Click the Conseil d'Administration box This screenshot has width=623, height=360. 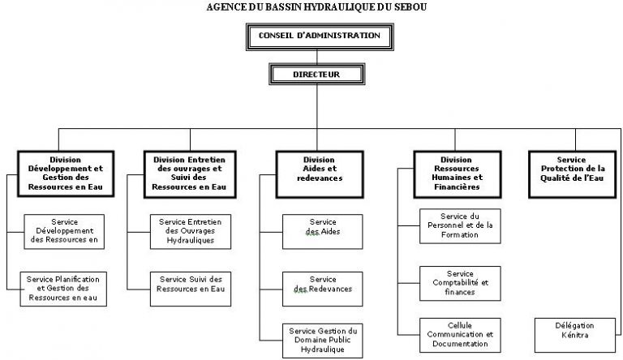click(x=320, y=37)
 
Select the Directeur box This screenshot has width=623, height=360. click(x=316, y=75)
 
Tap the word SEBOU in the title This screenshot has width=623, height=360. click(x=410, y=6)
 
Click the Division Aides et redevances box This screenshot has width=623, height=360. click(x=320, y=174)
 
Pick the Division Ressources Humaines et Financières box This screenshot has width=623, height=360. click(x=458, y=174)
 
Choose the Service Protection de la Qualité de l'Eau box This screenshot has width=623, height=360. click(x=573, y=174)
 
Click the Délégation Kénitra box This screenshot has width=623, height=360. click(x=575, y=335)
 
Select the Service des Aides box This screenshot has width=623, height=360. click(x=323, y=232)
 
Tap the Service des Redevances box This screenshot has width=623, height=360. click(x=323, y=289)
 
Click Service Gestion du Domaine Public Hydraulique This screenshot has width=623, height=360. click(x=323, y=341)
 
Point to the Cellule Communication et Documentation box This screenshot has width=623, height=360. click(x=460, y=335)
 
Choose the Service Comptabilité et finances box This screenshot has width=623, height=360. click(x=460, y=283)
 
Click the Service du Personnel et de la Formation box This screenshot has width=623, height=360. click(x=460, y=226)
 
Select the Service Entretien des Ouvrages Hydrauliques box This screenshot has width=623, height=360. click(x=191, y=232)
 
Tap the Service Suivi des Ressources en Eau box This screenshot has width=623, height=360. click(x=191, y=289)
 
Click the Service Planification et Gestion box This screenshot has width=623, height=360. click(x=63, y=289)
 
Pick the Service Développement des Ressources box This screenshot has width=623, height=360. click(x=64, y=232)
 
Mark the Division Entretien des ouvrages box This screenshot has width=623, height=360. click(x=190, y=174)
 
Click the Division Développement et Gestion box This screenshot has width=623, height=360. click(x=66, y=174)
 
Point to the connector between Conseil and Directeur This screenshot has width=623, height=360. click(x=317, y=58)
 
